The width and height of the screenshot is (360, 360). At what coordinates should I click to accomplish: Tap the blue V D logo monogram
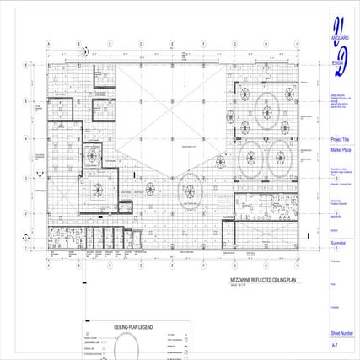[x=339, y=46]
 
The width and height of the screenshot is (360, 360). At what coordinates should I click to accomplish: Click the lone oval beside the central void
[x=190, y=187]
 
